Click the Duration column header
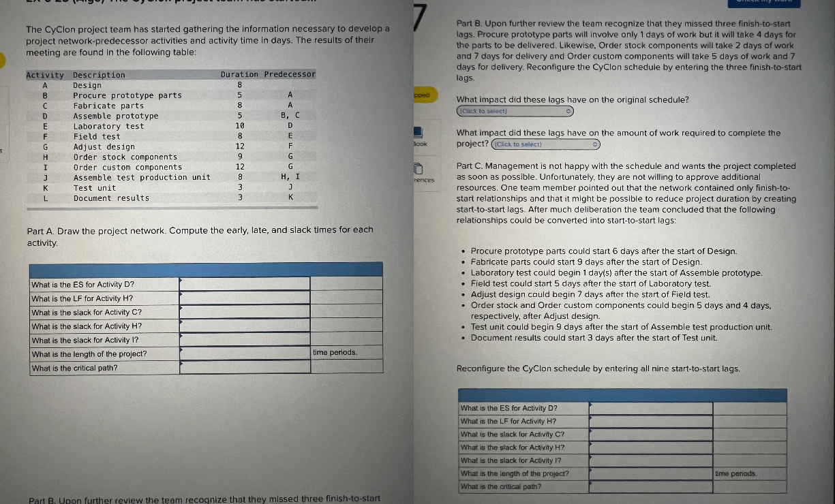click(239, 75)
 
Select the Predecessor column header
click(290, 75)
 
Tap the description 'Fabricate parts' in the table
click(108, 106)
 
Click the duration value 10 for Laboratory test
click(239, 126)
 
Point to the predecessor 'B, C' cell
click(290, 116)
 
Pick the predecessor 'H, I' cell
click(290, 177)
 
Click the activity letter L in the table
click(45, 198)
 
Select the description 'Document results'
click(111, 198)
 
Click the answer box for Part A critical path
click(245, 368)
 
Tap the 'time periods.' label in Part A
click(335, 353)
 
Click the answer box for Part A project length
click(245, 353)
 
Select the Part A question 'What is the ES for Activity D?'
click(83, 284)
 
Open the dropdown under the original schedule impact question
click(515, 111)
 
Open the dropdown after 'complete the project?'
click(545, 144)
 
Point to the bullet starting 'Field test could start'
click(590, 283)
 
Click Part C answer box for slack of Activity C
click(650, 435)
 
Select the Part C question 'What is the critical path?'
click(501, 486)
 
